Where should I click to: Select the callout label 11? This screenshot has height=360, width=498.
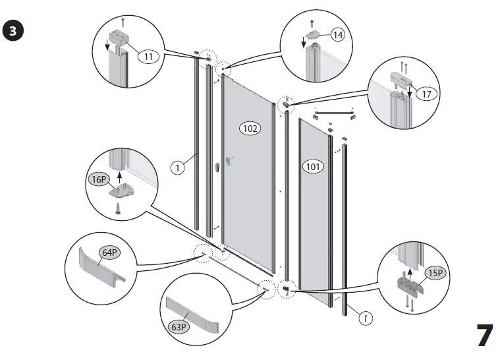pos(148,57)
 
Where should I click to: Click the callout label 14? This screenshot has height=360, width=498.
pos(337,36)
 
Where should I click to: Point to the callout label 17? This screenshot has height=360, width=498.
pos(427,94)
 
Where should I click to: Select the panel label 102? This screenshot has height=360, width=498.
pos(250,127)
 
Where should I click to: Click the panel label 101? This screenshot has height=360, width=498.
pos(314,166)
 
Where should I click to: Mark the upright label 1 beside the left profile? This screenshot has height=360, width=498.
pos(178,168)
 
